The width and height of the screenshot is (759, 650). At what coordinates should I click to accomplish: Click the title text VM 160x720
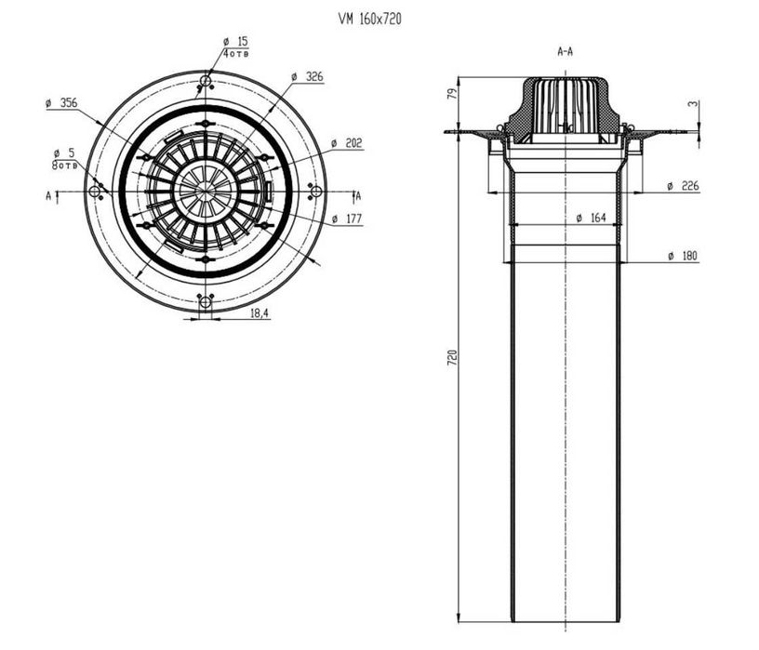(x=370, y=18)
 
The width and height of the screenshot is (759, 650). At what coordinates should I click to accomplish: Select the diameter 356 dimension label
(x=61, y=103)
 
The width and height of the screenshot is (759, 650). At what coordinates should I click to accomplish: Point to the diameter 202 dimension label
(x=346, y=143)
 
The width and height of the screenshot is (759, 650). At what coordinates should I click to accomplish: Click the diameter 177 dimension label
(x=346, y=219)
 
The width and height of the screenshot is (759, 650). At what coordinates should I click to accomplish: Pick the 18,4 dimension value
(x=260, y=314)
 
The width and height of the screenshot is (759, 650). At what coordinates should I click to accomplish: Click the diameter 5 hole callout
(x=65, y=153)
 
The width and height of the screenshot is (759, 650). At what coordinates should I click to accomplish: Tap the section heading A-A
(x=564, y=52)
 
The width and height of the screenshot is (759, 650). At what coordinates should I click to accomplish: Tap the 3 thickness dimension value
(x=692, y=105)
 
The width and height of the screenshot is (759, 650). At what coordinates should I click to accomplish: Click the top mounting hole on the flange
(x=205, y=82)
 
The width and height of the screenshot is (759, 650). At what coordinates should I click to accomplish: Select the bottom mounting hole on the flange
(x=205, y=301)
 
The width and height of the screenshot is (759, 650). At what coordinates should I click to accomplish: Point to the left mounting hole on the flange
(x=94, y=192)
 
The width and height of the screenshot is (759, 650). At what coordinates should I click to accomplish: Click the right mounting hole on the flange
(x=315, y=192)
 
